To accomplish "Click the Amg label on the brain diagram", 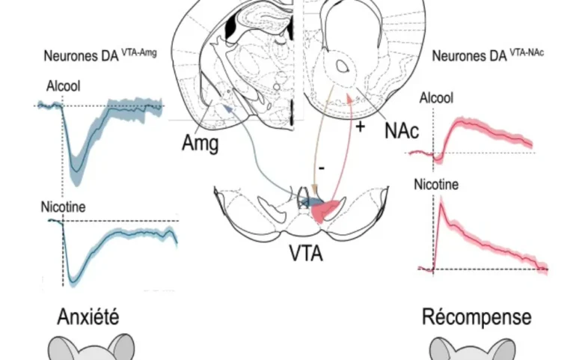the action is [200, 143].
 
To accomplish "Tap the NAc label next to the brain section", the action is [402, 131].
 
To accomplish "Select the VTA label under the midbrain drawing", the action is [306, 254].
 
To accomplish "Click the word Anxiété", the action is [88, 317].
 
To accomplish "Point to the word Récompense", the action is [477, 317].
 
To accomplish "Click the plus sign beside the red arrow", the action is [360, 127].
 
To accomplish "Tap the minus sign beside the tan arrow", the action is [322, 168].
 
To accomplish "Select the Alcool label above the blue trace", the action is [63, 86].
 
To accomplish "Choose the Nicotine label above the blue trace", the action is [63, 207].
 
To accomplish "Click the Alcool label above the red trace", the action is [436, 98].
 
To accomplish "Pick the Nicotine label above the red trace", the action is [436, 185].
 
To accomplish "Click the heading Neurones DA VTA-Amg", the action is [100, 55].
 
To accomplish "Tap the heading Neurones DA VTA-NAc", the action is [488, 55].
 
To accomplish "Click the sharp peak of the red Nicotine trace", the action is [441, 204].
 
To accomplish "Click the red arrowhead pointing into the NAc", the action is [349, 97].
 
